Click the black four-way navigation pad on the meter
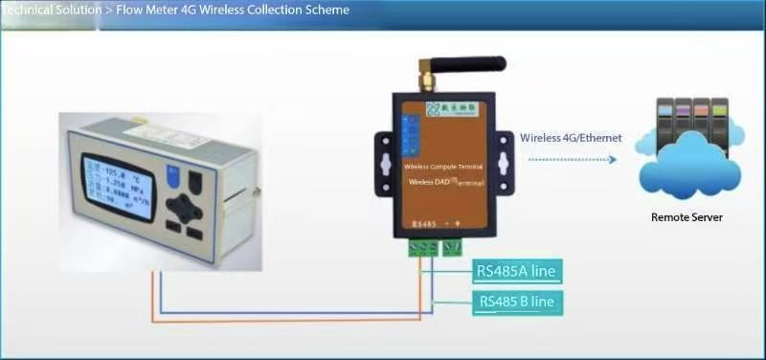(183, 206)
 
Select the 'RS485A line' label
(515, 271)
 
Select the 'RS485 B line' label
(515, 304)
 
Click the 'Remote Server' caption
(687, 217)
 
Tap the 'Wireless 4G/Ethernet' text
(571, 138)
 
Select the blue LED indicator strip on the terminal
(410, 134)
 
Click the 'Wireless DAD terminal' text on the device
(444, 181)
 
